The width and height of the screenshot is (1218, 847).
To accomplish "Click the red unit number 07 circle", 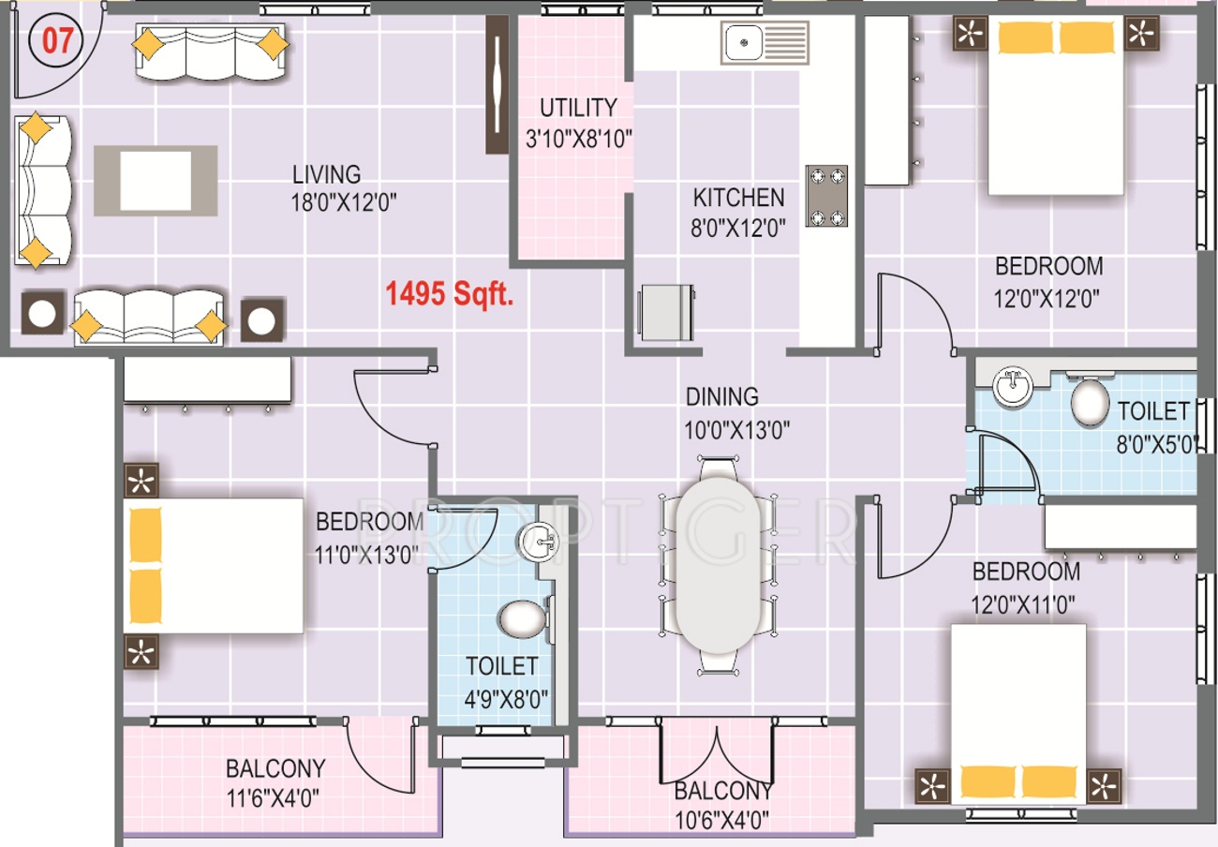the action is (56, 41).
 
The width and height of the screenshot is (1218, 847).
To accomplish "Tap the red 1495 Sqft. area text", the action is (449, 294).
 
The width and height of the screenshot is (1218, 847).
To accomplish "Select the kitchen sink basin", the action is (742, 42).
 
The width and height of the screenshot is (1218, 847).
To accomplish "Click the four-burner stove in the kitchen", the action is (826, 196).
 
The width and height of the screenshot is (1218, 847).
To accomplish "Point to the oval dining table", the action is (718, 565).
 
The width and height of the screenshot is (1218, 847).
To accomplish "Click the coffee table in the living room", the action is (156, 181).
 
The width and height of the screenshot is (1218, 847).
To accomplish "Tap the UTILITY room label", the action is (579, 108).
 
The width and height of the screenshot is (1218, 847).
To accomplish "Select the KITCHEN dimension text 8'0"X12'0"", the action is (738, 229).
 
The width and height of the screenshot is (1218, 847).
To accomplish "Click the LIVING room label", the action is (326, 174).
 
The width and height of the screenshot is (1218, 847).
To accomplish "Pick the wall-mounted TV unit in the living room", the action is (497, 84).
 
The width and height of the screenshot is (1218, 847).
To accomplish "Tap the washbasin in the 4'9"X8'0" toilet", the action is (539, 541).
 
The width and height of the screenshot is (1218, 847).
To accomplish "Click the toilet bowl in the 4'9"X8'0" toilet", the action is (523, 619).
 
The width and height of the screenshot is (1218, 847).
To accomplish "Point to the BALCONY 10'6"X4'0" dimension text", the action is (721, 820).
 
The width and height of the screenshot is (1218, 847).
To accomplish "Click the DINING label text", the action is (722, 397).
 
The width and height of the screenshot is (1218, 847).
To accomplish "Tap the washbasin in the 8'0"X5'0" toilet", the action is (1013, 387).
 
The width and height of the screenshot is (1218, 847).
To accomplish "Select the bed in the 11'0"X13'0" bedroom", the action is (214, 565).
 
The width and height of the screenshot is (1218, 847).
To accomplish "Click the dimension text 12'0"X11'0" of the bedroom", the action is (1023, 604).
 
